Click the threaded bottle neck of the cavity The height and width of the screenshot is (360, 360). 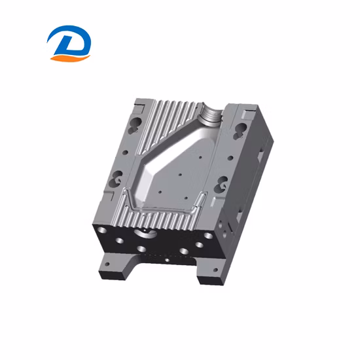tap(210, 118)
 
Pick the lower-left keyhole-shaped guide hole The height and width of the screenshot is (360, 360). tap(118, 175)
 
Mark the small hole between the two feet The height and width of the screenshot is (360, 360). tap(166, 261)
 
